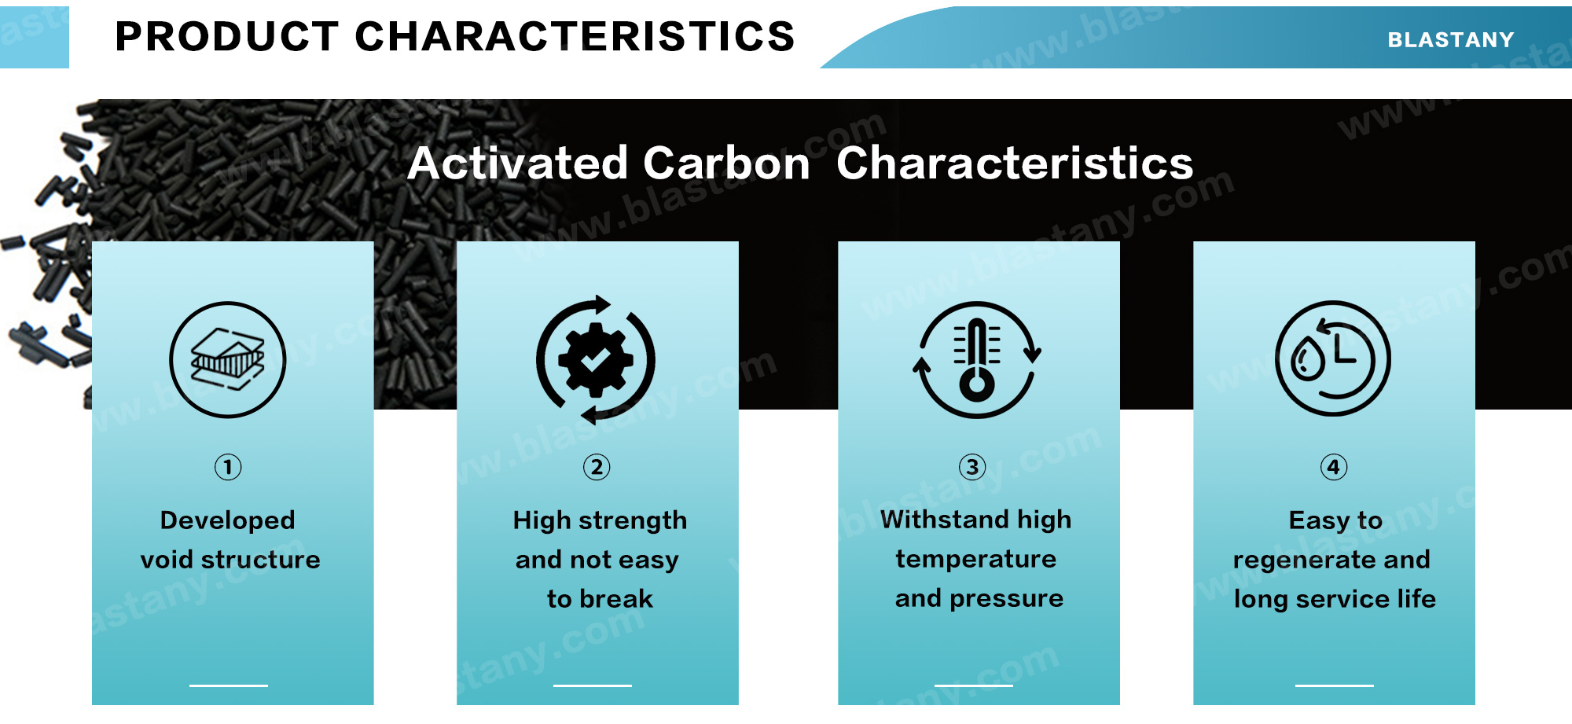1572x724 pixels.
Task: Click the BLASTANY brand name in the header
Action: [1450, 39]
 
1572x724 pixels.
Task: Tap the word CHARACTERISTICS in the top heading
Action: [575, 36]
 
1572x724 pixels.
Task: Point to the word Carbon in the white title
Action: [726, 163]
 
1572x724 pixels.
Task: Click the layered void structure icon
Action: [228, 359]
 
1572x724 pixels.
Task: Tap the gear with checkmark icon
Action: [596, 359]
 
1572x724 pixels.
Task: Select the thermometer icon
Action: [977, 359]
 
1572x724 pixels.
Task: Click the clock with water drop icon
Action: [1333, 358]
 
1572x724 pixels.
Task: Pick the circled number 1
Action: [228, 467]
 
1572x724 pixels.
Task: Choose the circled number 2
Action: [597, 467]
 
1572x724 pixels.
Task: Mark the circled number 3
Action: [972, 467]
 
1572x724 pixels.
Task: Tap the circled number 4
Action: [1334, 467]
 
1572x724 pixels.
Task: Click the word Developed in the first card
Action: [228, 521]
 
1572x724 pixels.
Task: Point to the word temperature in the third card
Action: [976, 560]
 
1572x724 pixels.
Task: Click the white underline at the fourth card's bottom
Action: [1335, 685]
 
